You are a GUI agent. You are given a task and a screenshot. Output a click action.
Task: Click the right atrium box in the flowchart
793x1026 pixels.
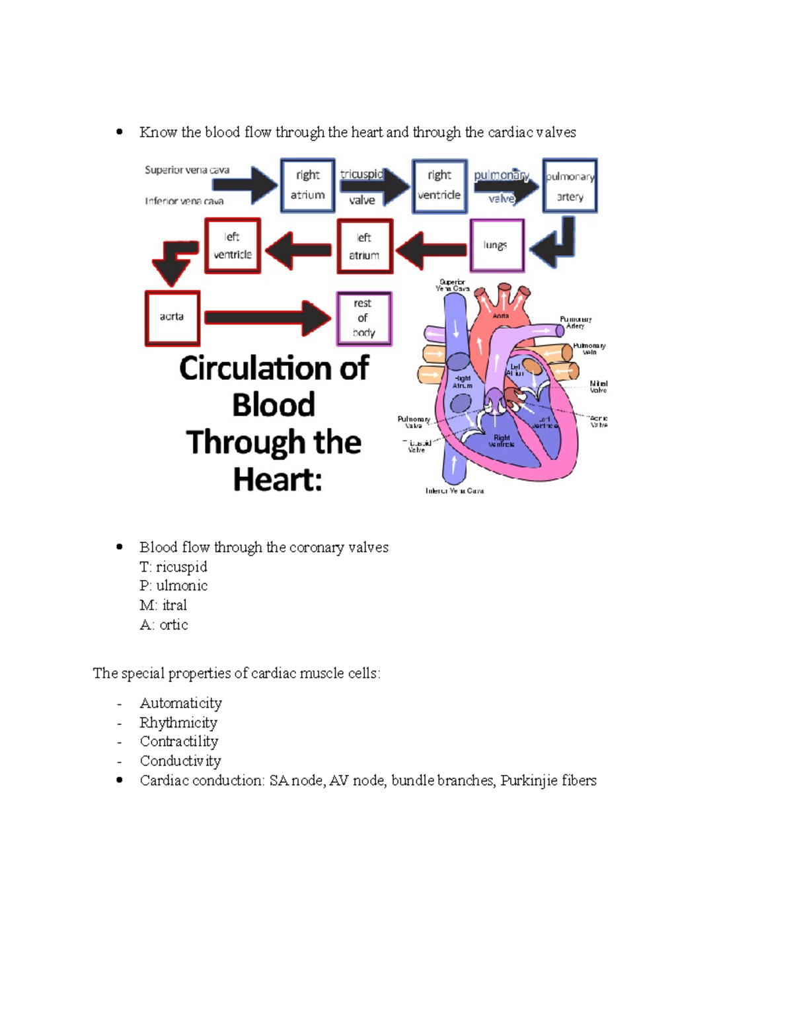click(307, 185)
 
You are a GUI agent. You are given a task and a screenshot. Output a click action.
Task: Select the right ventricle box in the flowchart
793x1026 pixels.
click(439, 186)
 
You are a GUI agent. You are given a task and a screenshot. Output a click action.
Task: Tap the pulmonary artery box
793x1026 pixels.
click(570, 186)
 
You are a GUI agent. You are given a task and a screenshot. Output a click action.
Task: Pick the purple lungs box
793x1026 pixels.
click(497, 246)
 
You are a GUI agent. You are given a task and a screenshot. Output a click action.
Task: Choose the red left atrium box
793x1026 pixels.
click(365, 246)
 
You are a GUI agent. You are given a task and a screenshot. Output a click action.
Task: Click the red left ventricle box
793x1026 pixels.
click(233, 246)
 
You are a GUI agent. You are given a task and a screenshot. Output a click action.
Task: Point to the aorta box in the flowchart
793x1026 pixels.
click(172, 318)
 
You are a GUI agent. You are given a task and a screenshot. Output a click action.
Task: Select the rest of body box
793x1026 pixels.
click(363, 318)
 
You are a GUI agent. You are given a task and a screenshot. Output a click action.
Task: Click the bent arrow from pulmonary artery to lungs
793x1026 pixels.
click(555, 244)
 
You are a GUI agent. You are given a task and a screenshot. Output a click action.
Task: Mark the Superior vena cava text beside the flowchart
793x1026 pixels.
click(187, 170)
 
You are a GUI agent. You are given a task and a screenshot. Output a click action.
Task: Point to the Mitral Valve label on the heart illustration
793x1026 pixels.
click(598, 386)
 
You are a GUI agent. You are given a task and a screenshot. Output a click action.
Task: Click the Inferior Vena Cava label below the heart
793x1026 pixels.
click(455, 491)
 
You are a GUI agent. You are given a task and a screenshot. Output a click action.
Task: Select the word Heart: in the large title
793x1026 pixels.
click(278, 479)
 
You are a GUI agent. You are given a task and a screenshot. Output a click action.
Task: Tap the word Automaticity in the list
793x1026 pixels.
click(180, 703)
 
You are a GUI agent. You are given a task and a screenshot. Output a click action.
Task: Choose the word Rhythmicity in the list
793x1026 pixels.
click(178, 723)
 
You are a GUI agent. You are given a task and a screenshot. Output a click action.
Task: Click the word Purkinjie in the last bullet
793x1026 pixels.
click(528, 781)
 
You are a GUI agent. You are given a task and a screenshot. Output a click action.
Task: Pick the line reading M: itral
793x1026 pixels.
click(163, 605)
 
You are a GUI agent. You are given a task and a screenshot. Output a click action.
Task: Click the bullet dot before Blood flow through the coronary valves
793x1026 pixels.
click(120, 546)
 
